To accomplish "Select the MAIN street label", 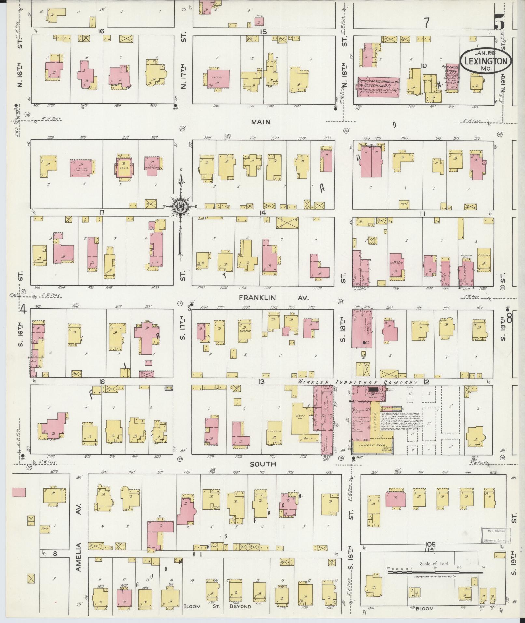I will click(260, 122).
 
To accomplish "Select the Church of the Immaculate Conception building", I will click(379, 87).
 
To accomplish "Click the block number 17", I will click(102, 213).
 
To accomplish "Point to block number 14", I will click(263, 213).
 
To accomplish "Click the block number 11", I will click(422, 214).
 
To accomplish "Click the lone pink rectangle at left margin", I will click(19, 492).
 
